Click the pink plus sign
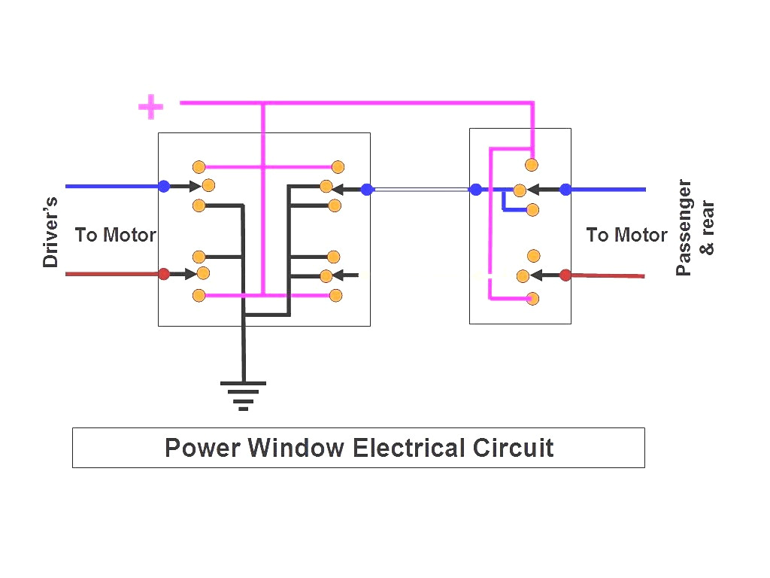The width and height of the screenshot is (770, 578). tap(150, 107)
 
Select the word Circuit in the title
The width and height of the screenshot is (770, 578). tap(514, 448)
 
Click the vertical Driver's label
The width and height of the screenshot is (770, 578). tap(50, 232)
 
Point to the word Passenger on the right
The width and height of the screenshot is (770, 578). tap(684, 227)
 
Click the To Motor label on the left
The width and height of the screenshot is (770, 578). tap(115, 235)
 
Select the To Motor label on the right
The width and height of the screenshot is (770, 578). tap(626, 235)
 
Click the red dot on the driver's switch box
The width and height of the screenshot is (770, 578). tap(163, 274)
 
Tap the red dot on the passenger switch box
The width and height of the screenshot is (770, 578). tap(565, 275)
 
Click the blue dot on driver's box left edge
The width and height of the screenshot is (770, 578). tap(163, 186)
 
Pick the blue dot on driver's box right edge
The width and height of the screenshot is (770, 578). tap(367, 189)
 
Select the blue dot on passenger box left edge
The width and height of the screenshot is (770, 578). tap(475, 189)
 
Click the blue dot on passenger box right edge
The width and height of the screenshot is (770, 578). tap(565, 189)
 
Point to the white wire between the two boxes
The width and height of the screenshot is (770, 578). tap(421, 189)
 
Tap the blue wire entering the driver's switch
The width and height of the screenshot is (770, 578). tap(113, 186)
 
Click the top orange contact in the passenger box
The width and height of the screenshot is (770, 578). tap(532, 165)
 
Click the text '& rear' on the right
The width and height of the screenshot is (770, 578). tap(708, 227)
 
